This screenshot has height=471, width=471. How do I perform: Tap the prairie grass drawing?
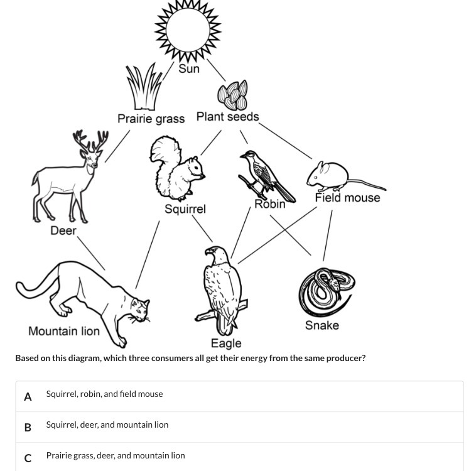click(x=144, y=86)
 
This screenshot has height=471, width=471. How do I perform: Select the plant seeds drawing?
click(x=232, y=95)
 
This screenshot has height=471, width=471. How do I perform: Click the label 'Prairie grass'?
click(x=151, y=118)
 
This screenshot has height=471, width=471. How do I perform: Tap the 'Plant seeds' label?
click(x=227, y=117)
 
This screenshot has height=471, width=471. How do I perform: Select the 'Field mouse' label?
click(x=347, y=198)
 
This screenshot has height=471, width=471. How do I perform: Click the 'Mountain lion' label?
click(x=64, y=331)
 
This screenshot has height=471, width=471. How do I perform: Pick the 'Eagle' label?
click(x=226, y=344)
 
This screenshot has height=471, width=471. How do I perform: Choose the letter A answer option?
click(x=28, y=396)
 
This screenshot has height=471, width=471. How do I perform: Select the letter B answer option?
click(x=28, y=427)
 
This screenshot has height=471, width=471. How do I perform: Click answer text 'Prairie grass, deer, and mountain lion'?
click(x=116, y=455)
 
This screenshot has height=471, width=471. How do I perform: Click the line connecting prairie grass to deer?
click(x=117, y=146)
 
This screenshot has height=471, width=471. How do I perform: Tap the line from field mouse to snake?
click(x=327, y=235)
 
